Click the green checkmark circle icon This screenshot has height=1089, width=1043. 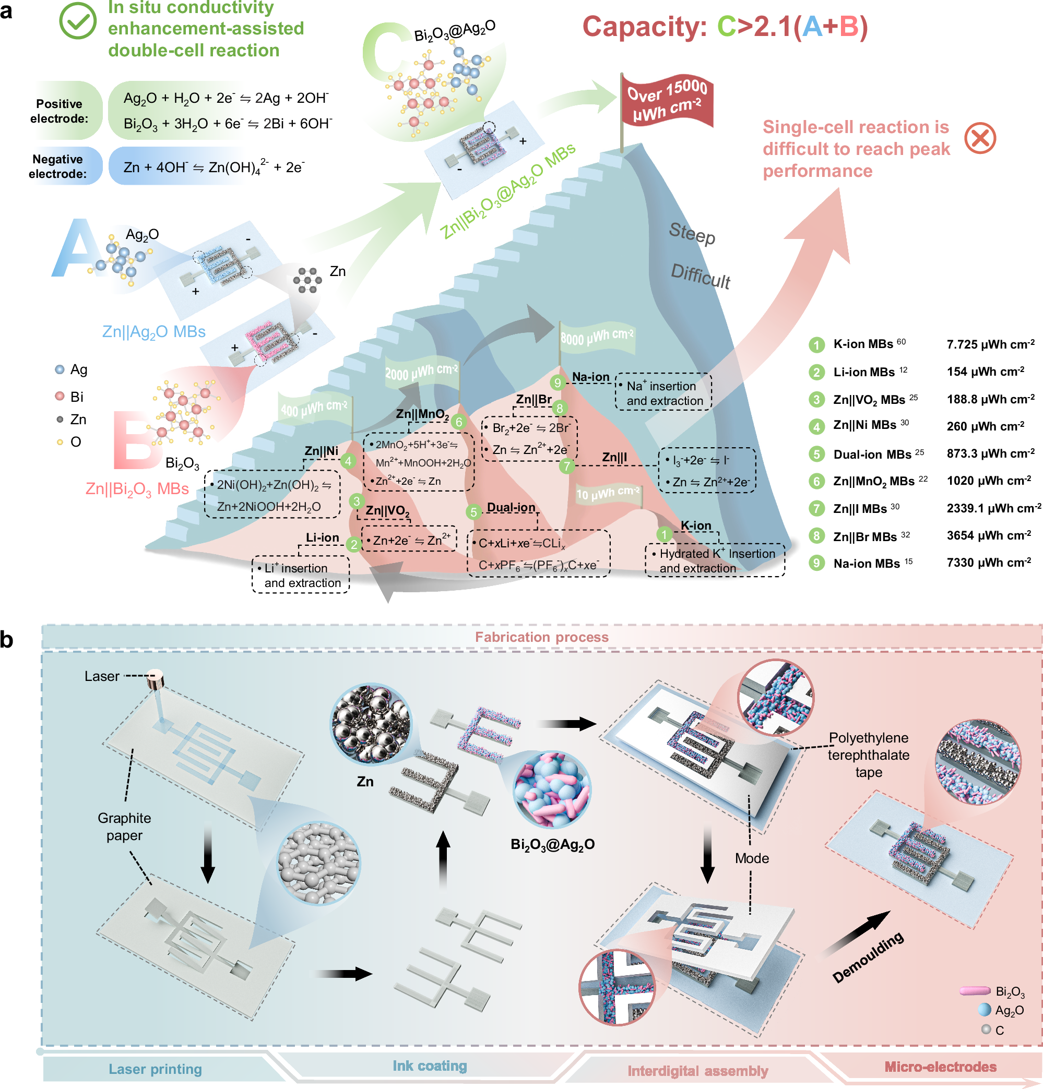coord(78,20)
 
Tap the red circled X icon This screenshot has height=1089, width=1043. coord(980,138)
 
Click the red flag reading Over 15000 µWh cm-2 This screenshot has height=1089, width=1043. coord(667,100)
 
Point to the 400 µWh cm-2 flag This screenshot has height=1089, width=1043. coord(314,409)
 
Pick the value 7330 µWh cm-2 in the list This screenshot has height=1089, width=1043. coord(989,563)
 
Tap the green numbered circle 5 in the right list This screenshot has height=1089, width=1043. coord(816,454)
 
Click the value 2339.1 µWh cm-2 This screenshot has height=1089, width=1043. coord(993,508)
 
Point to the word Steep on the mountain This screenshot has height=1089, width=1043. coord(692,233)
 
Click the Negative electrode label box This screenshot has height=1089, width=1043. coord(58,166)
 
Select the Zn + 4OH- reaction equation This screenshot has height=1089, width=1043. coord(214,166)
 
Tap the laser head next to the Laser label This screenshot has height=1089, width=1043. coord(156,679)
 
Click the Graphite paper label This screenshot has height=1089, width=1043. coord(124,826)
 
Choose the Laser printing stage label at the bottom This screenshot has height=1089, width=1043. coord(155,1069)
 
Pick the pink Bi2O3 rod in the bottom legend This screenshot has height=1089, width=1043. coord(974,991)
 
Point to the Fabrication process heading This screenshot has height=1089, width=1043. coord(541,637)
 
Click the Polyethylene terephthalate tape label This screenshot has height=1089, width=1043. coord(869,755)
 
